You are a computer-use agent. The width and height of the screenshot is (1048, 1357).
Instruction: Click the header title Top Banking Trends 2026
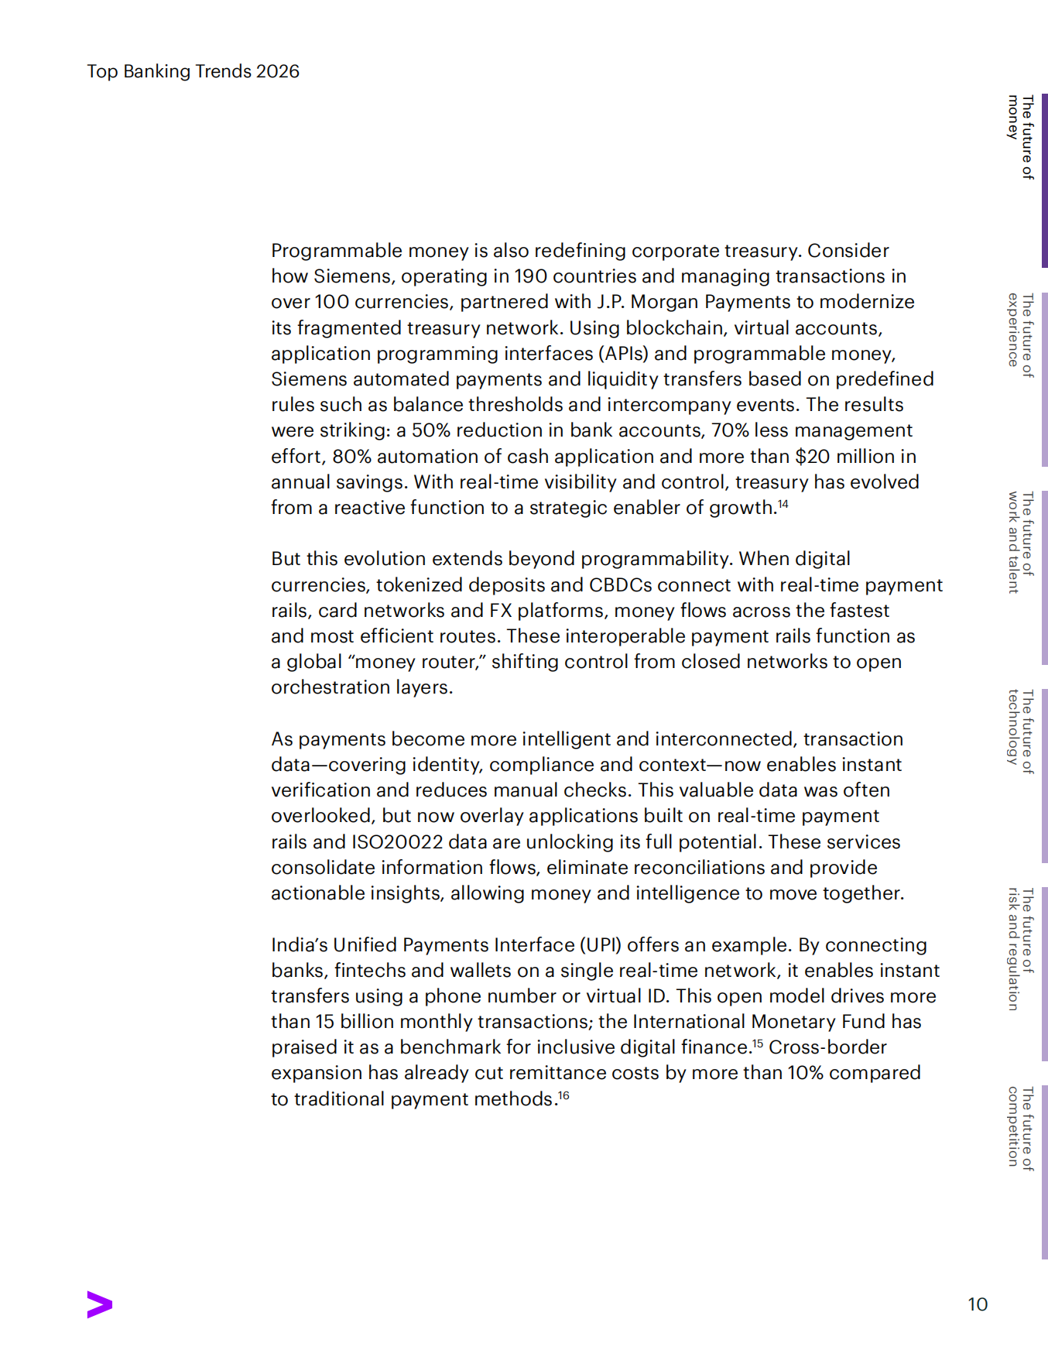(x=193, y=71)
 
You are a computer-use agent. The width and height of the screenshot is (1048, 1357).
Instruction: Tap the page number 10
(x=978, y=1304)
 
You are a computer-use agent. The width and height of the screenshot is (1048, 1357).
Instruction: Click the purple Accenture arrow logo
(x=100, y=1304)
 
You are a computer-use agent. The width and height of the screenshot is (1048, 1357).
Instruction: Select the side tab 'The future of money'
(x=1021, y=138)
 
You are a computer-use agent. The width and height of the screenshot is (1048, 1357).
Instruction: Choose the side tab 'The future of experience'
(x=1021, y=334)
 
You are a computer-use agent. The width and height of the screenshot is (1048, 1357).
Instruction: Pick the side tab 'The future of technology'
(x=1021, y=731)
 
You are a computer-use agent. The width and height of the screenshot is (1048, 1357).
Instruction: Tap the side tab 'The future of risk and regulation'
(x=1021, y=949)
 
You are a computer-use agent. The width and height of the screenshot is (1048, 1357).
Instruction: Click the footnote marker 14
(x=783, y=504)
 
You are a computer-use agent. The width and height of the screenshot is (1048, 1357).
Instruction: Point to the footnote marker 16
(x=564, y=1095)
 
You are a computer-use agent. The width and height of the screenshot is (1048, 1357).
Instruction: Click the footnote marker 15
(x=758, y=1043)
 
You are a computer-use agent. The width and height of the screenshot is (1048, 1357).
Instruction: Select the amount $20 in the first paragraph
(x=812, y=456)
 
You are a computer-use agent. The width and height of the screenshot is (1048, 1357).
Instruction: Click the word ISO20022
(x=397, y=841)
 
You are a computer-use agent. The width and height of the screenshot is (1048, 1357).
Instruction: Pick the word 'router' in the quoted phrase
(x=450, y=662)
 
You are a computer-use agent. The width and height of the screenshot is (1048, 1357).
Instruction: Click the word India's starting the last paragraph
(x=300, y=944)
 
